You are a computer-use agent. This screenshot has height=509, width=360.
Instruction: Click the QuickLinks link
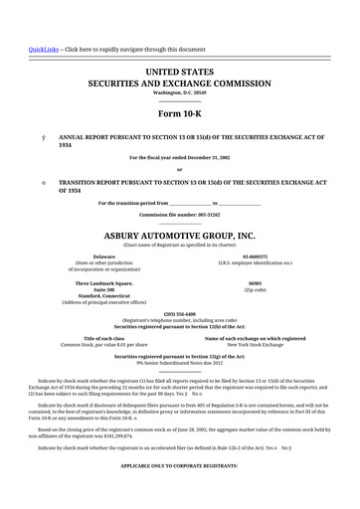[42, 49]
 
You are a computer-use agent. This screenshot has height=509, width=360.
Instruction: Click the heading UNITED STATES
[180, 74]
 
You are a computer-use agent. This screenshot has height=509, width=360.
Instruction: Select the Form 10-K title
[180, 114]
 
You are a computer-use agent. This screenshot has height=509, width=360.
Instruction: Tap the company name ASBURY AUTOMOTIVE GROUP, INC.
[180, 236]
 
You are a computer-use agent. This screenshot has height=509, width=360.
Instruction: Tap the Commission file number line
[180, 215]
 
